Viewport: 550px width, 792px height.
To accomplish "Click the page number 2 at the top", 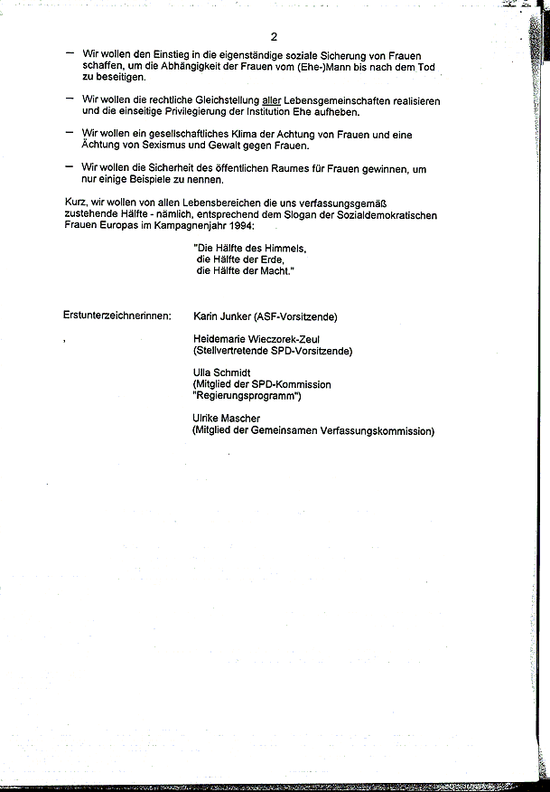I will click(272, 36).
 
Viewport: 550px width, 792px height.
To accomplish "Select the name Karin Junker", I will click(223, 316).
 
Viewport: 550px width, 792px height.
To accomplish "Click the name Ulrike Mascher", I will click(226, 419).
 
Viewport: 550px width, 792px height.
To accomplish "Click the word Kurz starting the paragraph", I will click(75, 203).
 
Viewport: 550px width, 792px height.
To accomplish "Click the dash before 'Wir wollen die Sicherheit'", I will click(70, 165).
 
